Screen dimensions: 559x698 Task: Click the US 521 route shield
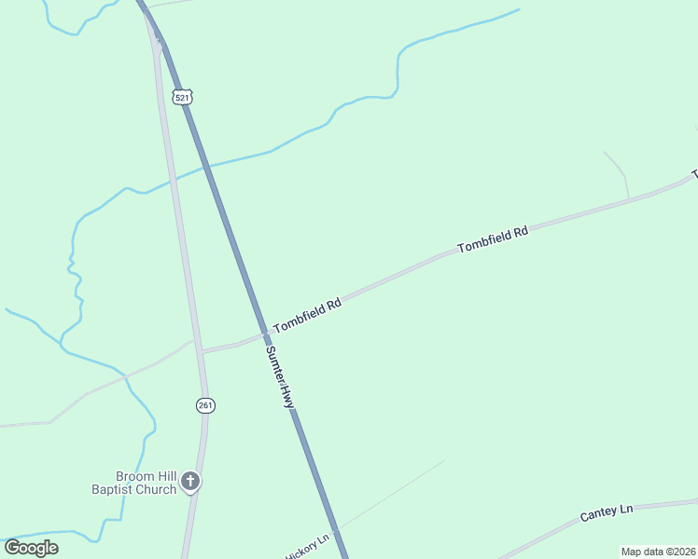point(182,96)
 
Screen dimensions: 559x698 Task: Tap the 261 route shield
point(205,404)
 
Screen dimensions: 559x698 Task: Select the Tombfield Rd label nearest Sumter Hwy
point(308,316)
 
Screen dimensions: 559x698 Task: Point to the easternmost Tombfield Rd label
point(493,239)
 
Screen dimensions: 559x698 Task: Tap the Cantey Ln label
point(607,512)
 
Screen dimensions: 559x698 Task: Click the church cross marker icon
point(190,482)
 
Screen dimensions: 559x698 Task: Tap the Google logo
point(32,548)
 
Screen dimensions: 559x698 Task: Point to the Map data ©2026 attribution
point(658,552)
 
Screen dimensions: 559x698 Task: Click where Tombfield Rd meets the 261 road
point(201,351)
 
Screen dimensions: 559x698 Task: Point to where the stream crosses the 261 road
point(171,178)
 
